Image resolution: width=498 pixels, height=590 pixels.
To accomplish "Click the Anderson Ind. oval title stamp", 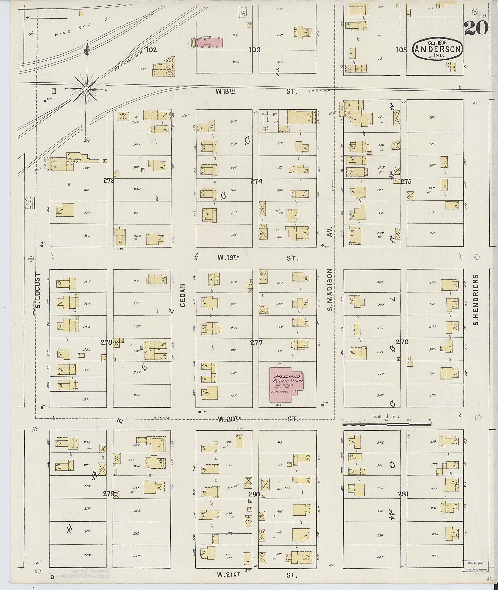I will click(438, 50).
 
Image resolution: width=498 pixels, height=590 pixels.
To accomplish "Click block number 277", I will click(256, 342).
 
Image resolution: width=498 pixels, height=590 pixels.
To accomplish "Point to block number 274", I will click(256, 181).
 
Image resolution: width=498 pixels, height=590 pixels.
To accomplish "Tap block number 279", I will click(108, 494).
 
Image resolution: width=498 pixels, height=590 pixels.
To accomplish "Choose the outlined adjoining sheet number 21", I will click(29, 203).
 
